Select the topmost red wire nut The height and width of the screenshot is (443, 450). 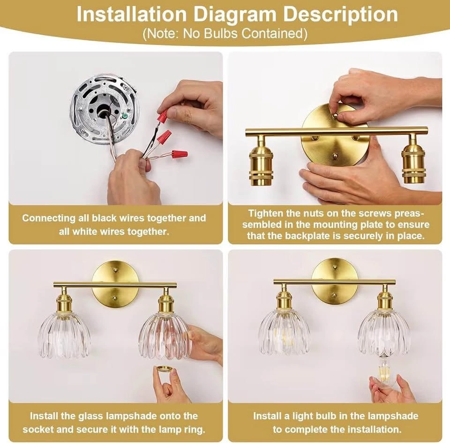(x=163, y=116)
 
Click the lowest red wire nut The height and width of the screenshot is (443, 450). (x=180, y=154)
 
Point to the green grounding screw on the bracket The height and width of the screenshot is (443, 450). (x=125, y=116)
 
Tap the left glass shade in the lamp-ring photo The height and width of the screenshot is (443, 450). (x=64, y=335)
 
